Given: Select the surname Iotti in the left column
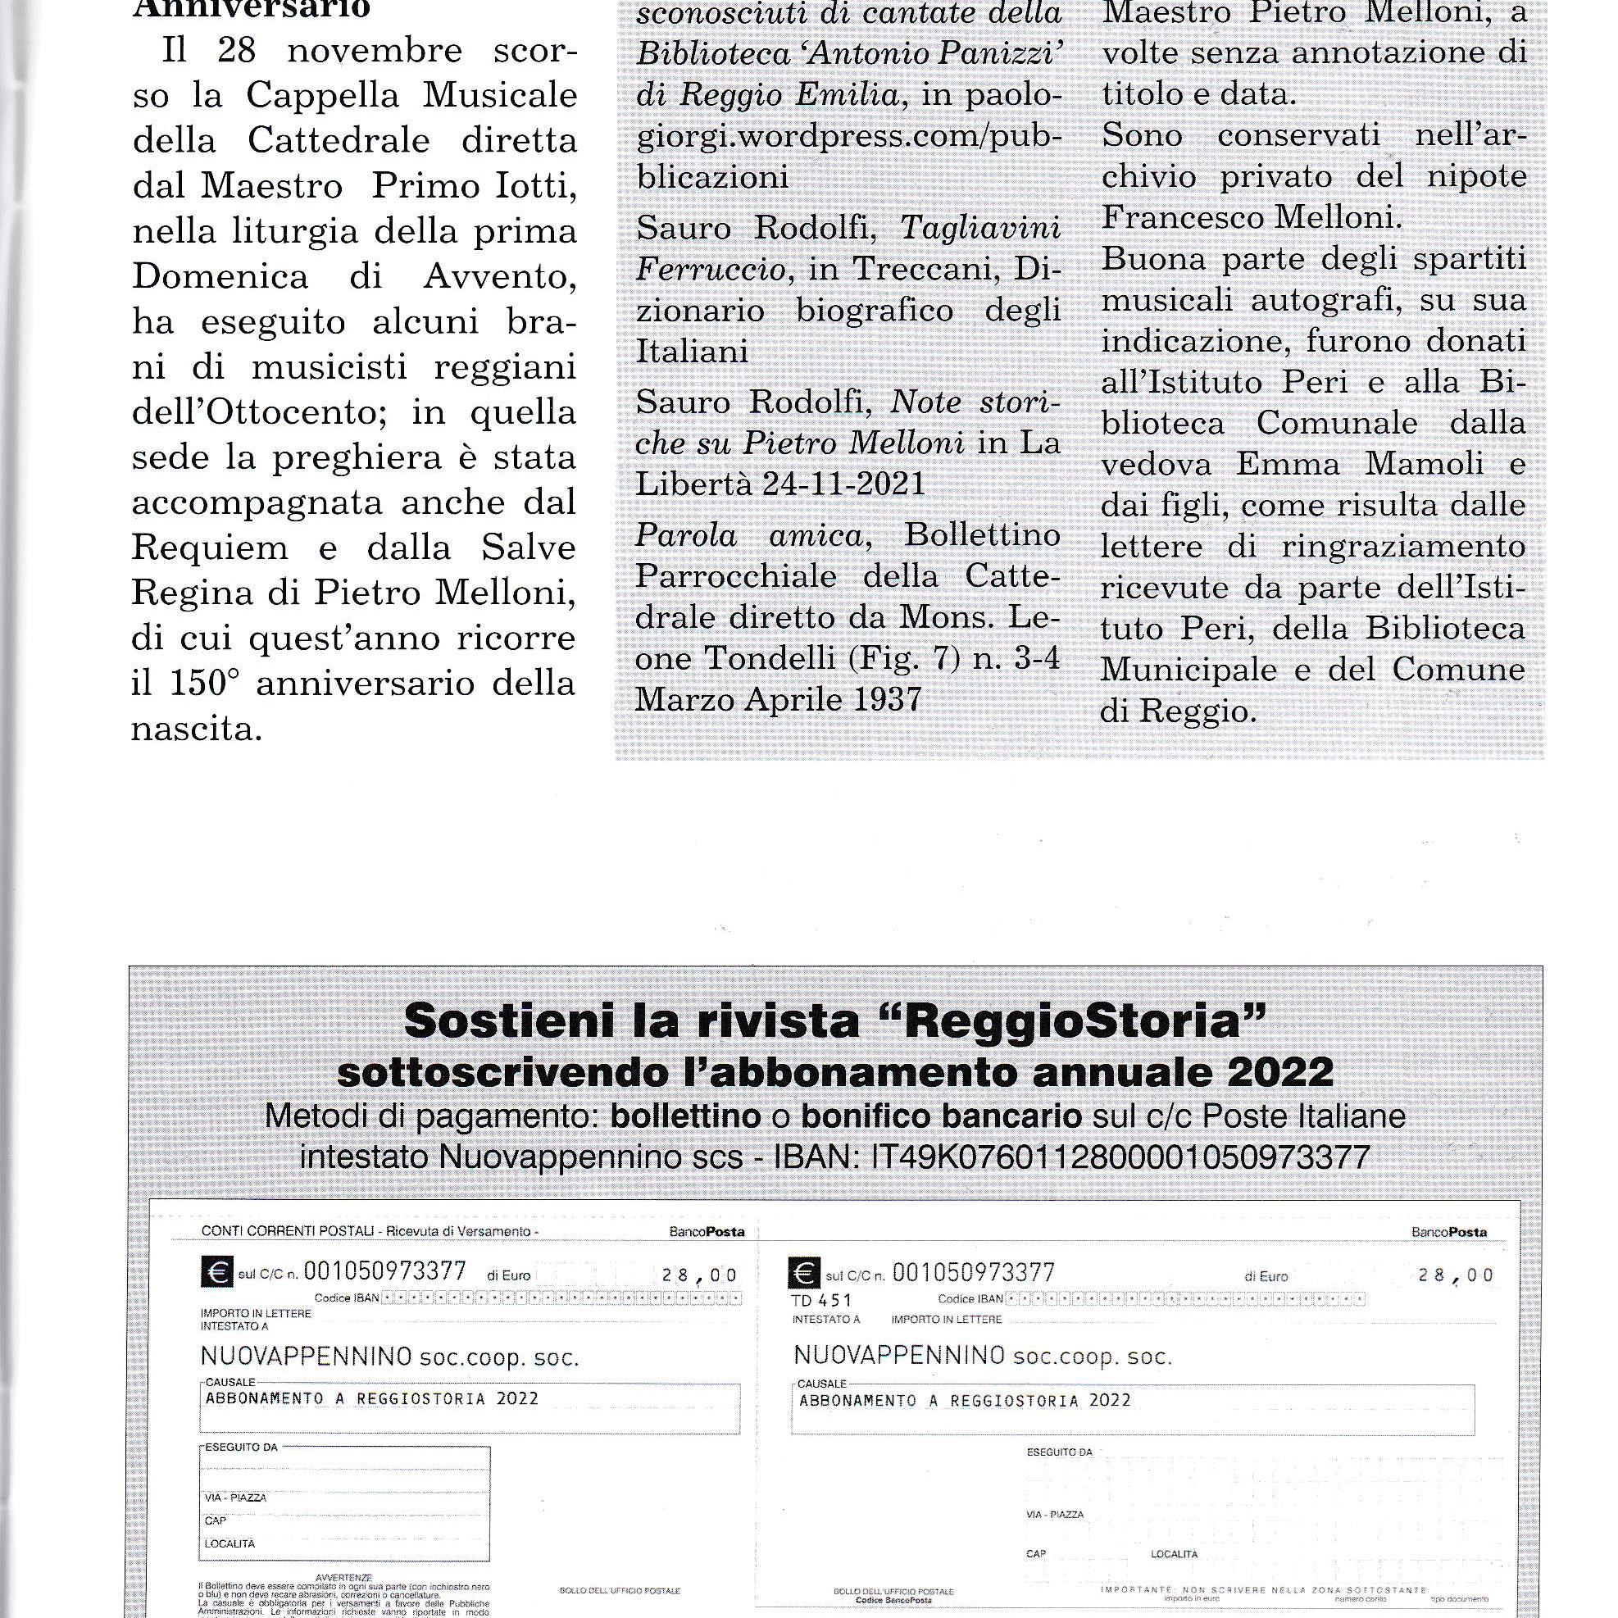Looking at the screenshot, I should [x=536, y=186].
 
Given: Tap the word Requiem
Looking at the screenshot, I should [x=210, y=548].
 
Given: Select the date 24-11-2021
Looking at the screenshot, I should [x=843, y=484].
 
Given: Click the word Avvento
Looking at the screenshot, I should [x=499, y=277].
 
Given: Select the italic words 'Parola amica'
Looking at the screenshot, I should [x=749, y=535].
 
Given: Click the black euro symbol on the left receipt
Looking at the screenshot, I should [x=217, y=1273].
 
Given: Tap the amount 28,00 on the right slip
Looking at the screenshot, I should [x=1456, y=1275].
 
